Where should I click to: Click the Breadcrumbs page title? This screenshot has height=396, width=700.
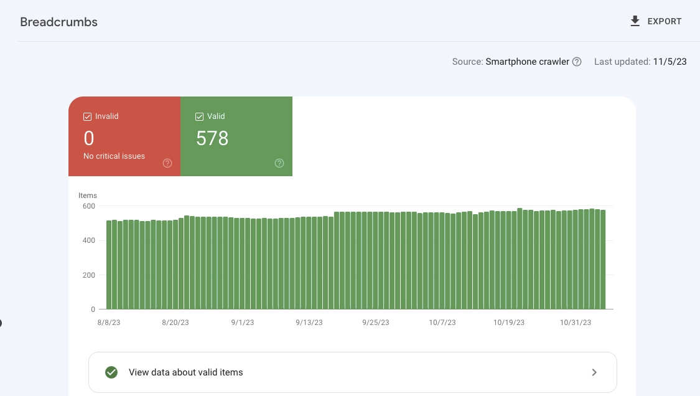(58, 22)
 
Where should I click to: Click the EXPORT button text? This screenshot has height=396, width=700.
(665, 21)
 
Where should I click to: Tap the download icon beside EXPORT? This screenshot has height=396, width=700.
(635, 21)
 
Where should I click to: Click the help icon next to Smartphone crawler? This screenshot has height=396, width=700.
(577, 62)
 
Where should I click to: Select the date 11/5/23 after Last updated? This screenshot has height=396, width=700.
(670, 62)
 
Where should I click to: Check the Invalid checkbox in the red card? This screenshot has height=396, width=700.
(88, 116)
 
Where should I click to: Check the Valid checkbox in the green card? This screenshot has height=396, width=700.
(200, 116)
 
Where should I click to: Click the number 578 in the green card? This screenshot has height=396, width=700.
(212, 138)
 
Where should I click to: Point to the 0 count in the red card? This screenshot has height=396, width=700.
(89, 138)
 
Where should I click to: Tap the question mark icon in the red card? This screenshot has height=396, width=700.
(167, 163)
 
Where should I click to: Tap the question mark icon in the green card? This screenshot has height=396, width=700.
(279, 163)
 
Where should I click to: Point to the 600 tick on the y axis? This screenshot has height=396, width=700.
(88, 206)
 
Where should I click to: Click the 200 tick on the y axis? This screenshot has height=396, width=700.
(88, 275)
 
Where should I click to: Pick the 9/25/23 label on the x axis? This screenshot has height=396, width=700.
(375, 323)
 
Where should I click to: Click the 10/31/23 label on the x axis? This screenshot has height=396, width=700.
(576, 323)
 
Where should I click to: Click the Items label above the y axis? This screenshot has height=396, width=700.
(88, 196)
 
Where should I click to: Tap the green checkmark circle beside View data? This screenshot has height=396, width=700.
(111, 372)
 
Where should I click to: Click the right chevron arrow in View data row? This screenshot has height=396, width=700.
(594, 372)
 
